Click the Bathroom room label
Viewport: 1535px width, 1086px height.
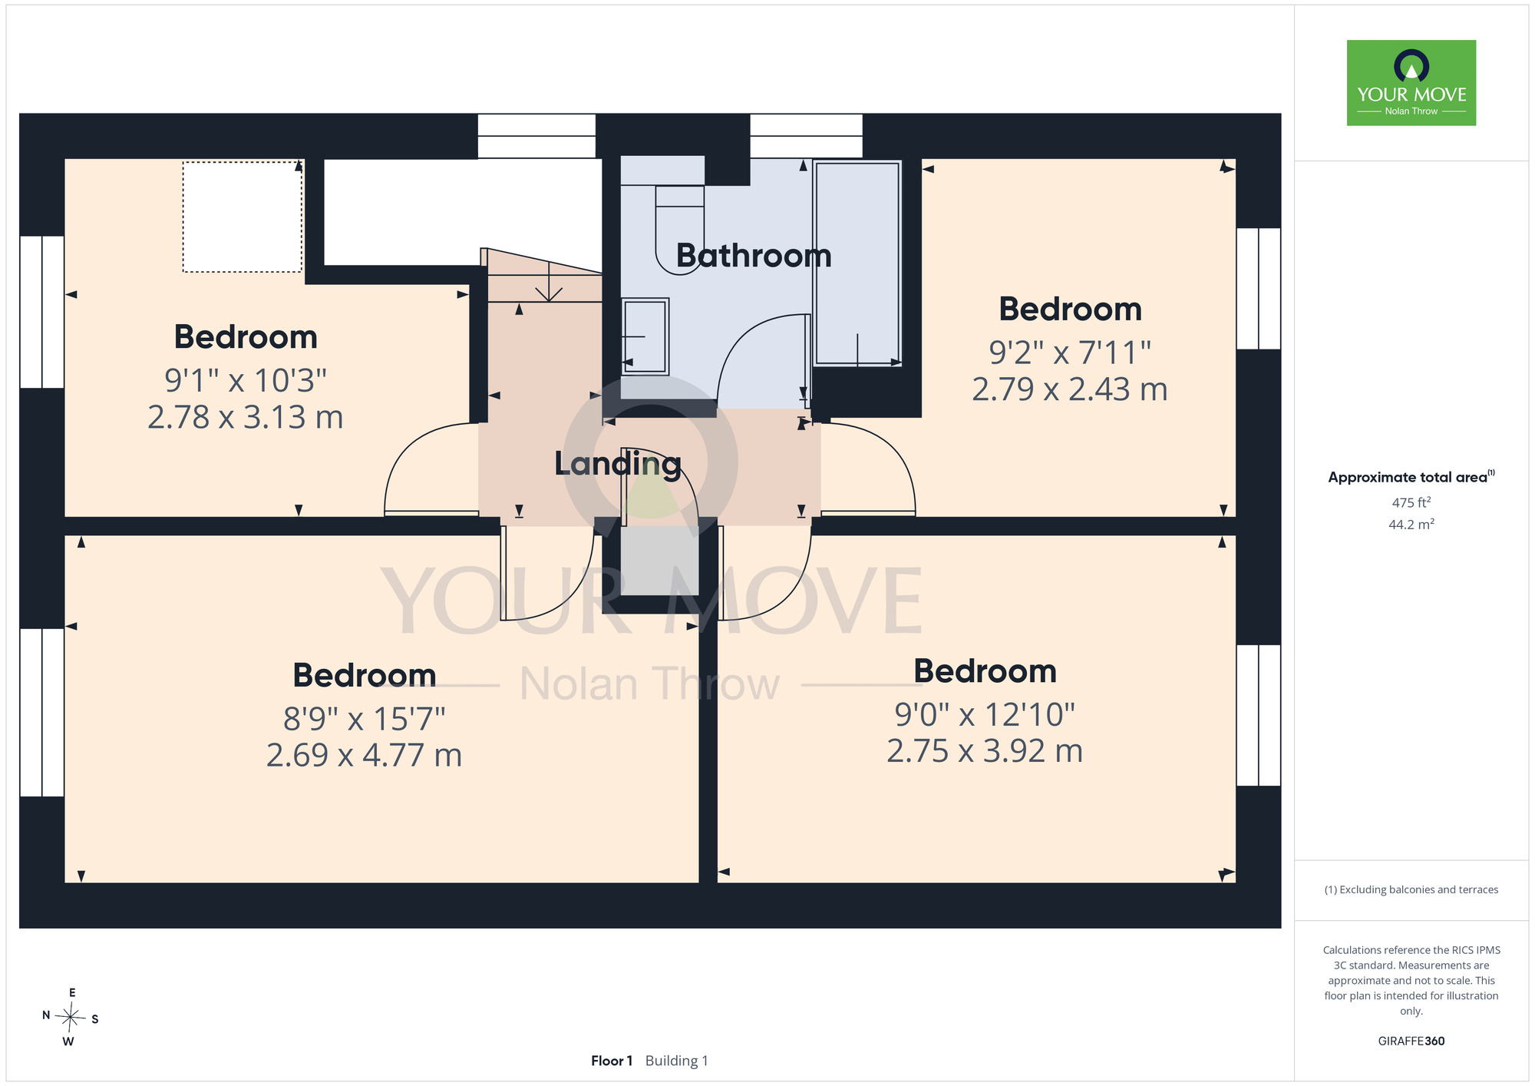coord(754,256)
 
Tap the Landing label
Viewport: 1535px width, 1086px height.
coord(618,465)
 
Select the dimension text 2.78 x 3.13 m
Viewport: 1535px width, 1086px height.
coord(246,417)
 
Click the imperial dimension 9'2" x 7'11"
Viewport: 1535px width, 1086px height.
coord(1070,353)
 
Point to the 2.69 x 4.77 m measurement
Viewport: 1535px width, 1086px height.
coord(365,755)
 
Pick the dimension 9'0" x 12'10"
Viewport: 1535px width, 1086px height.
coord(985,715)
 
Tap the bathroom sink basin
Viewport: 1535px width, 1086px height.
coord(645,336)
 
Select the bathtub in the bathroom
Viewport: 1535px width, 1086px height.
coord(857,263)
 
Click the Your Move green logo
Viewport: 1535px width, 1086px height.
coord(1411,83)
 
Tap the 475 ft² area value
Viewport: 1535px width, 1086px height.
coord(1411,502)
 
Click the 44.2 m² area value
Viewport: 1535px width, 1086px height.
coord(1411,525)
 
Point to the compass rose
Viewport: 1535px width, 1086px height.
coord(71,1018)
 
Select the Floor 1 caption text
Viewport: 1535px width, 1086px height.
coord(612,1061)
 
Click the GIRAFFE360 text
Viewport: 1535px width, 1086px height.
coord(1411,1041)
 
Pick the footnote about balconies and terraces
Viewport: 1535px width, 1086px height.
coord(1411,889)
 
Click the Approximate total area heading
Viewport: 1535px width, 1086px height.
coord(1411,477)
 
